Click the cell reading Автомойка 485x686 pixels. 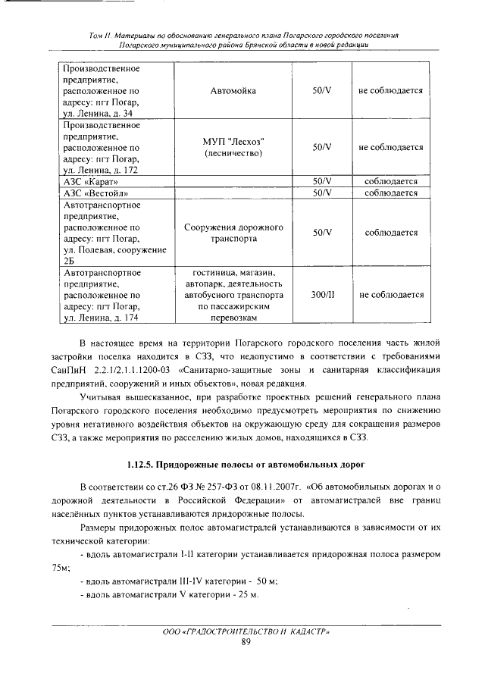[233, 91]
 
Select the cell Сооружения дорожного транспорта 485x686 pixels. [233, 233]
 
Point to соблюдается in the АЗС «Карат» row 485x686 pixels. [391, 182]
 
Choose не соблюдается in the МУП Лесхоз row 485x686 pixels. [391, 148]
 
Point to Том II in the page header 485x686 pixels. [99, 35]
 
